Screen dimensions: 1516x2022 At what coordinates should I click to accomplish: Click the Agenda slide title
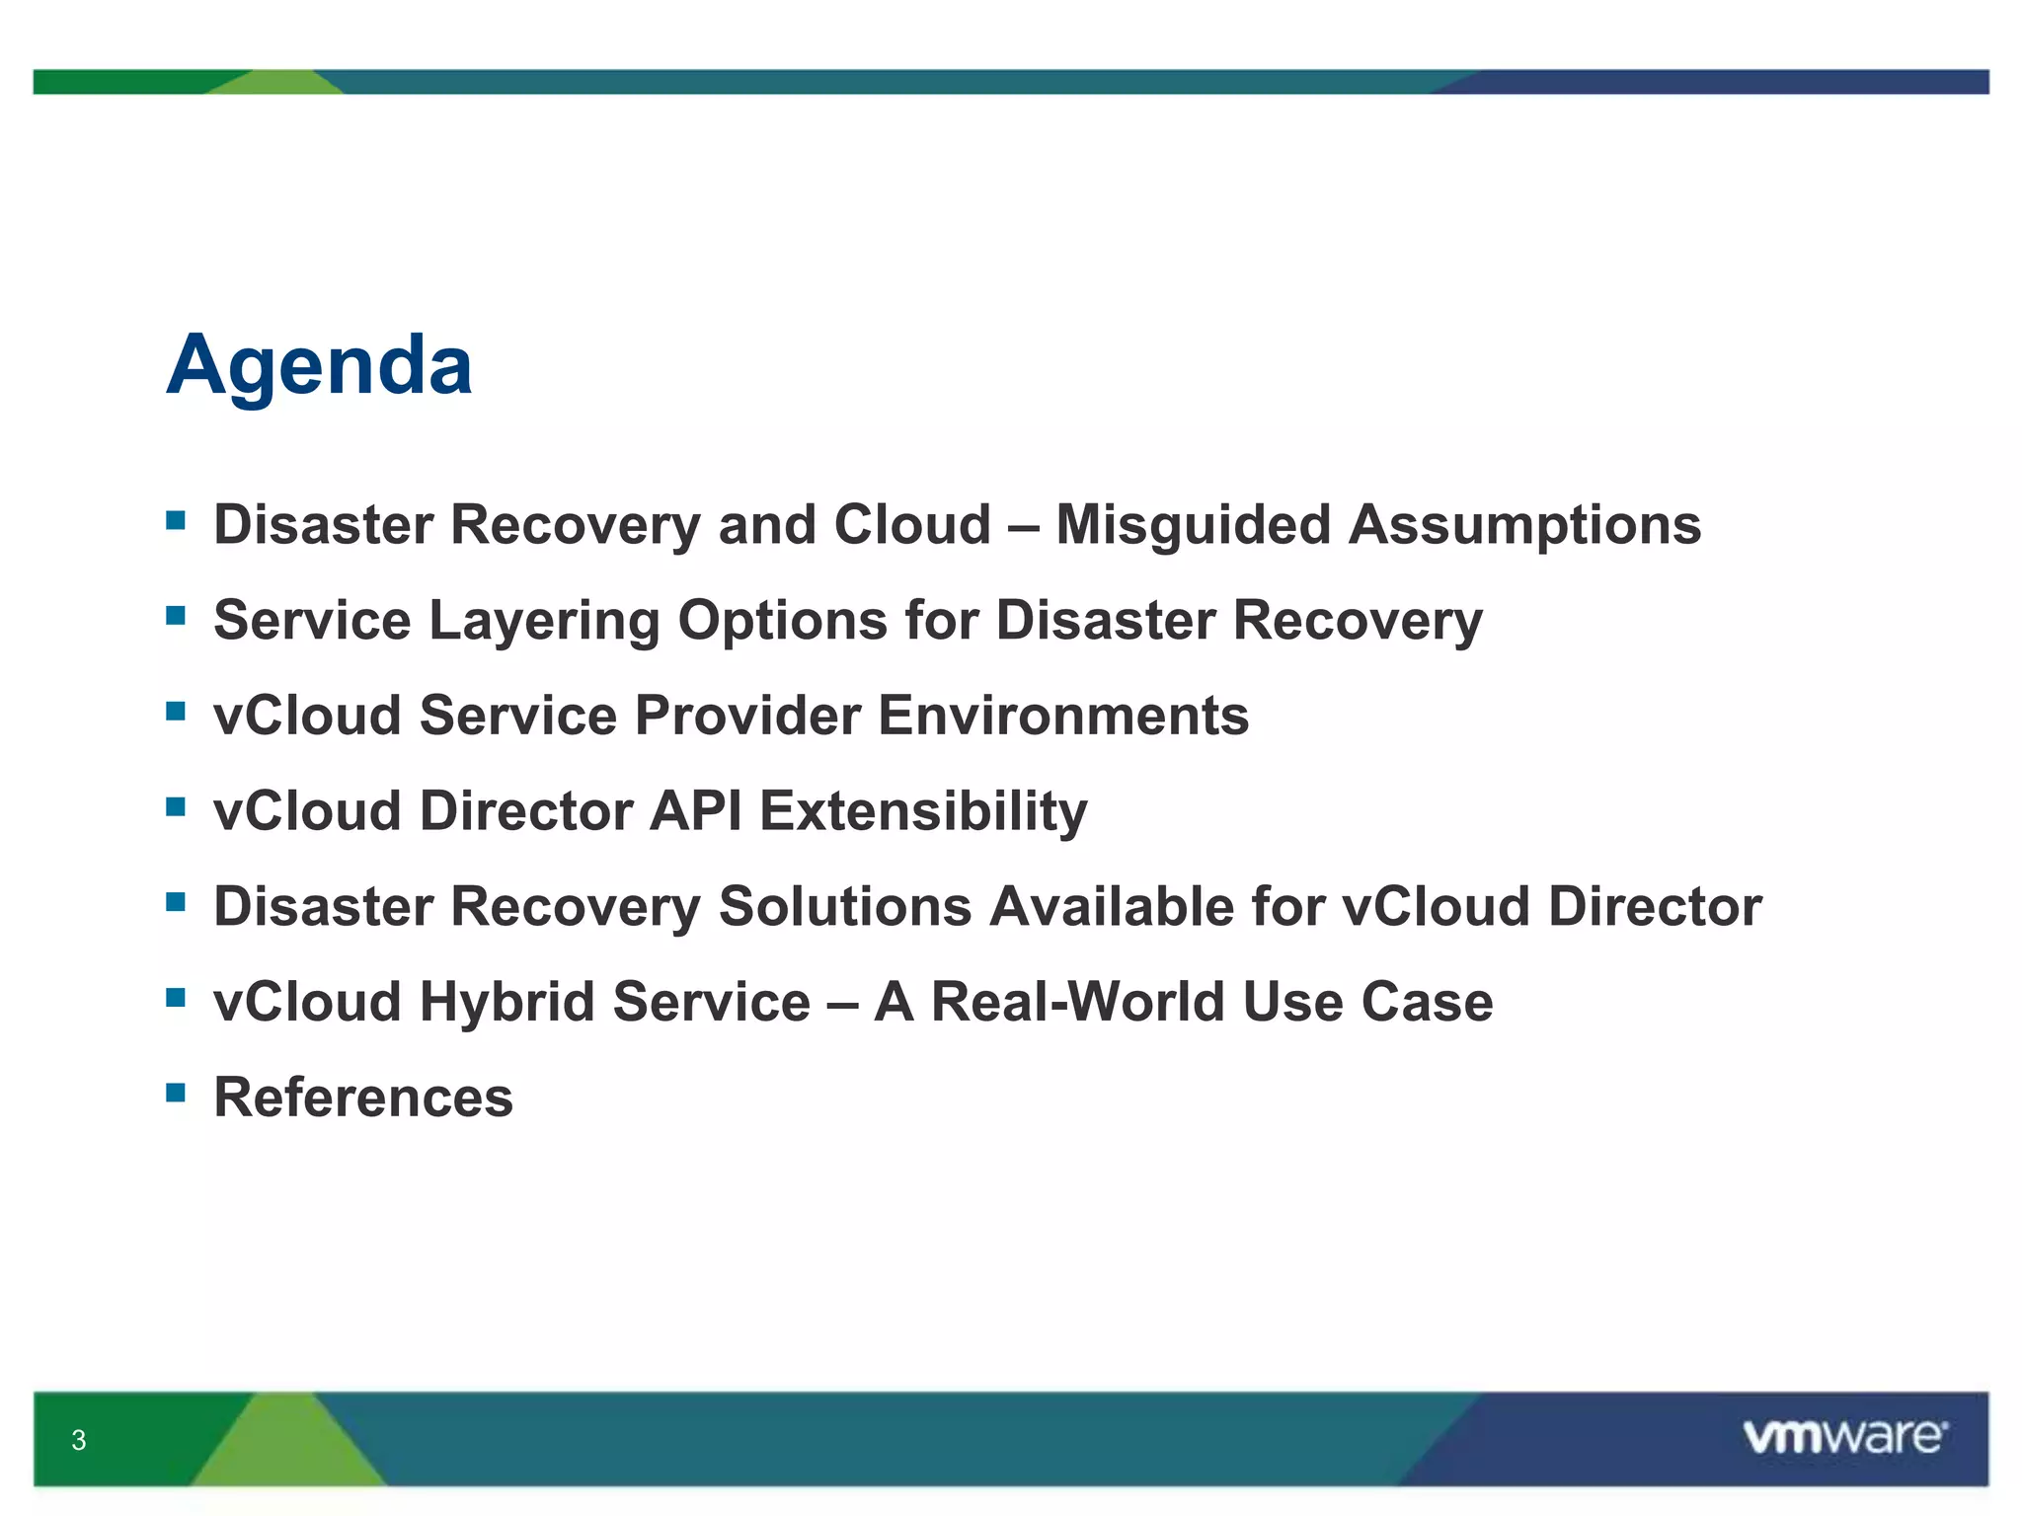(319, 366)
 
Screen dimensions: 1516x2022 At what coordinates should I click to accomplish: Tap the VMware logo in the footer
(1844, 1436)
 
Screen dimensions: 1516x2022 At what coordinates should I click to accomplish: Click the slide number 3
(79, 1440)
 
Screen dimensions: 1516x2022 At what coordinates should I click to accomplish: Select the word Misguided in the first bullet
(1193, 525)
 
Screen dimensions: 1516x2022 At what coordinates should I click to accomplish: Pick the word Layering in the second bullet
(545, 621)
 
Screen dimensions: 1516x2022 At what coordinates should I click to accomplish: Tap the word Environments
(1063, 716)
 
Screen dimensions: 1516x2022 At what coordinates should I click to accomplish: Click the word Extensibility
(923, 811)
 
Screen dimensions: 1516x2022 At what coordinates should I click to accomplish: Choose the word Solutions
(844, 906)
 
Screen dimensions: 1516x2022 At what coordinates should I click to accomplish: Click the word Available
(1111, 906)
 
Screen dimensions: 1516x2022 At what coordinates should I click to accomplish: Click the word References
(363, 1098)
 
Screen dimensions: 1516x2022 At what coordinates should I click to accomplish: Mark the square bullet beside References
(176, 1092)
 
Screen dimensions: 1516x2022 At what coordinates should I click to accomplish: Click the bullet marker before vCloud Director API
(176, 806)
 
